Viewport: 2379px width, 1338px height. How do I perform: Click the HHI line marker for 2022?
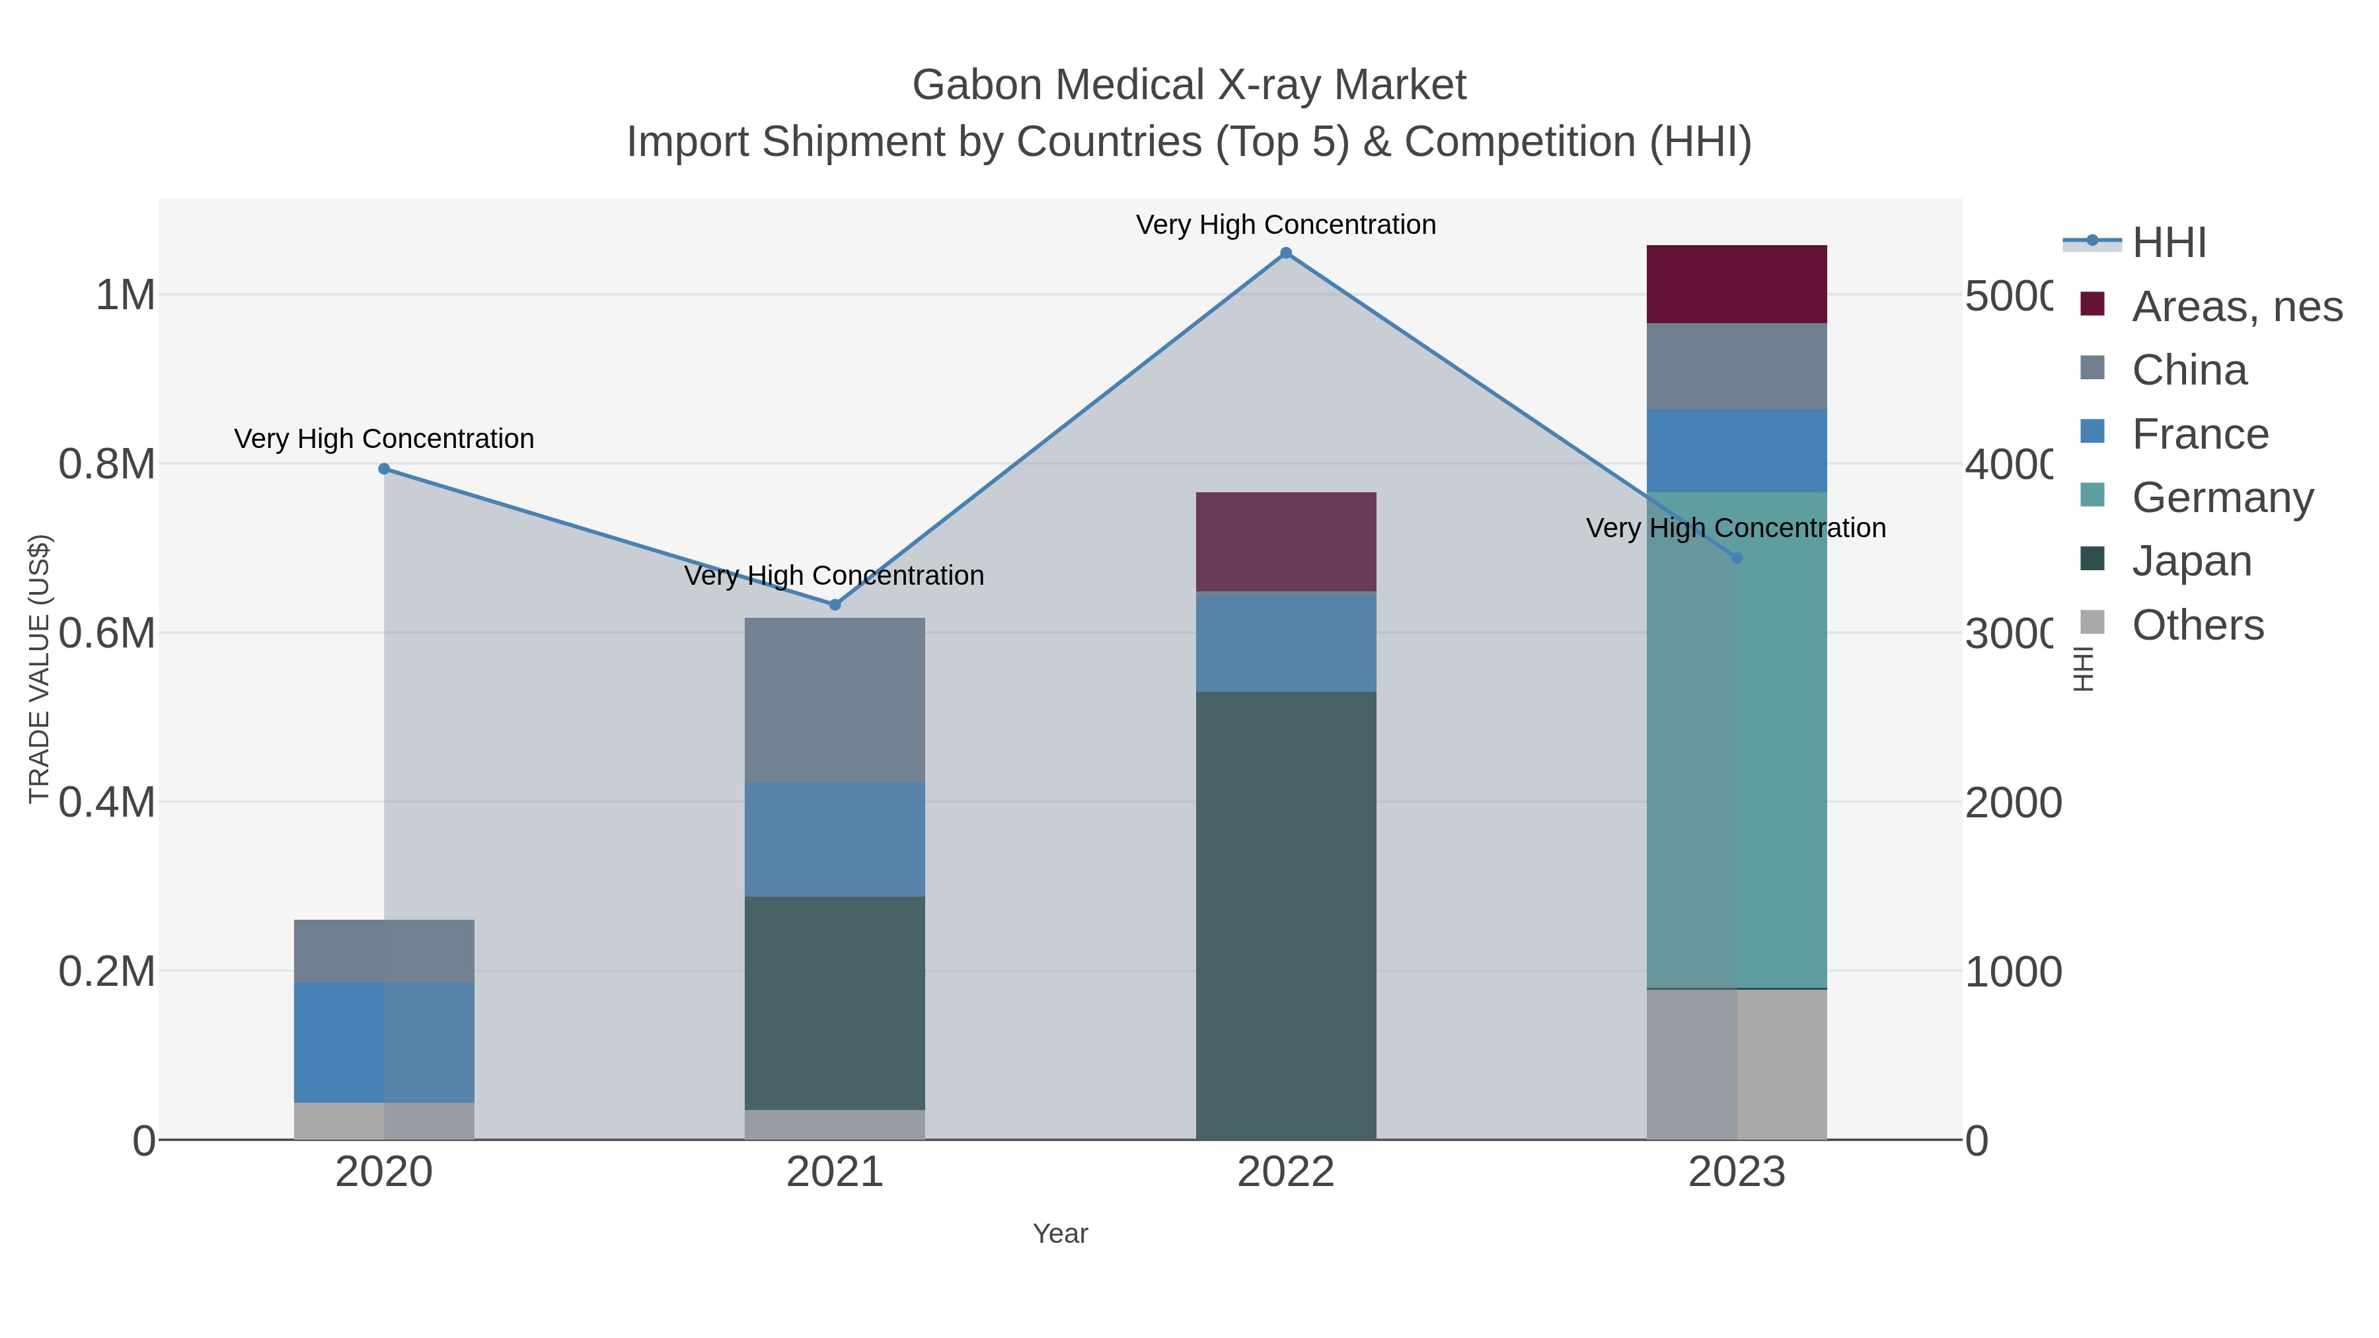1285,253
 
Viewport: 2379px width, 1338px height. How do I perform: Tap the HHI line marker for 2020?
384,469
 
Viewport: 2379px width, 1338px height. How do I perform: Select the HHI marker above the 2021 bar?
835,605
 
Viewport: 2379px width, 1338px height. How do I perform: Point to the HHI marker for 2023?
1736,558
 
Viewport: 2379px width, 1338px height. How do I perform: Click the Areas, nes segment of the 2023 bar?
1736,284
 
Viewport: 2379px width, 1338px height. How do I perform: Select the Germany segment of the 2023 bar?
1736,739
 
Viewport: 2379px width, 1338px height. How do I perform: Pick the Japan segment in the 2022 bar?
1285,914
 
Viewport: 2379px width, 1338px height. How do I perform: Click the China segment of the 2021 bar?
835,700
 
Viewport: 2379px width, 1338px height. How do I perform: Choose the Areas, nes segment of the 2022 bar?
1285,541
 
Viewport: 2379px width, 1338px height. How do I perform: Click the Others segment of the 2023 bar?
1736,1064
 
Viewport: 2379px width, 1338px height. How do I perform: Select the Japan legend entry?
2191,562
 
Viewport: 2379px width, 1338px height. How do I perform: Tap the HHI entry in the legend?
2168,243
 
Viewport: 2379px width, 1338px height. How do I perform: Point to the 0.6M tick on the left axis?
107,634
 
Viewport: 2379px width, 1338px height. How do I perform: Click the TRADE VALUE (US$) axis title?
39,669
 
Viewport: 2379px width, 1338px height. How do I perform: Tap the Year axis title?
1060,1234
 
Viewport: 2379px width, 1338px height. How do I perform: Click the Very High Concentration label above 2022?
1285,225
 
